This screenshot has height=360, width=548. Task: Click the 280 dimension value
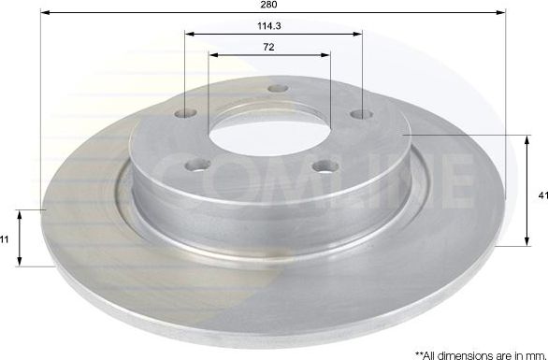coord(268,4)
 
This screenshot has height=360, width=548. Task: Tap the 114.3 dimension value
coord(269,26)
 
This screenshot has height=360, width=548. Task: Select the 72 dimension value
coord(268,47)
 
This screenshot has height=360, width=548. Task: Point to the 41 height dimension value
coord(543,196)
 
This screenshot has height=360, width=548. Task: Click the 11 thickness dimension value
coord(4,239)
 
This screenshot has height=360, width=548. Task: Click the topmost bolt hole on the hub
coord(278,89)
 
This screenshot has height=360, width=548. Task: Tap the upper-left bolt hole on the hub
coord(185,113)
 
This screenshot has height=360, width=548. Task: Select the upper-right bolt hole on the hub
coord(361,114)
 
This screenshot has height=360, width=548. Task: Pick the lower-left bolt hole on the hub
coord(198,165)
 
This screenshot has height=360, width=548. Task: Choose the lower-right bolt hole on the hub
coord(325,166)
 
